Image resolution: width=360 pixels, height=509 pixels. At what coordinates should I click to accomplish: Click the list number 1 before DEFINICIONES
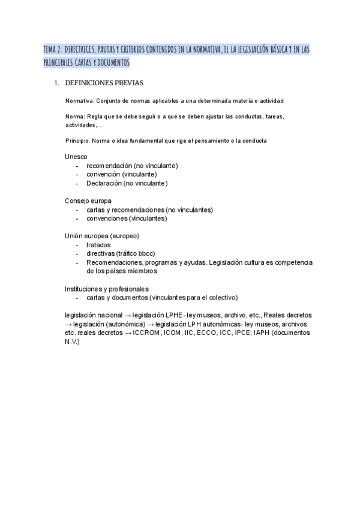[x=56, y=83]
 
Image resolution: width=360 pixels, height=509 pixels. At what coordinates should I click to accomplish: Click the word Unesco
[x=76, y=157]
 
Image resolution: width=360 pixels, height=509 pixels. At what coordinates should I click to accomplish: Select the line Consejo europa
[x=88, y=200]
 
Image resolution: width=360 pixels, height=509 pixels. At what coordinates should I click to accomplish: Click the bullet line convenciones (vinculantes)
[x=127, y=218]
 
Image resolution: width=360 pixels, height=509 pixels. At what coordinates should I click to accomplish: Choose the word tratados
[x=98, y=245]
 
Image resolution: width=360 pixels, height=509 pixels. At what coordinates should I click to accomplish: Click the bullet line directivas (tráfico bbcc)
[x=121, y=253]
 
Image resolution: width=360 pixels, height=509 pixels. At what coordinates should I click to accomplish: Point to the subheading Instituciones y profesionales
[x=107, y=289]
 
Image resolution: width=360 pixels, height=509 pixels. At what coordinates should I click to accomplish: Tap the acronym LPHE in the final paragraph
[x=175, y=315]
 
